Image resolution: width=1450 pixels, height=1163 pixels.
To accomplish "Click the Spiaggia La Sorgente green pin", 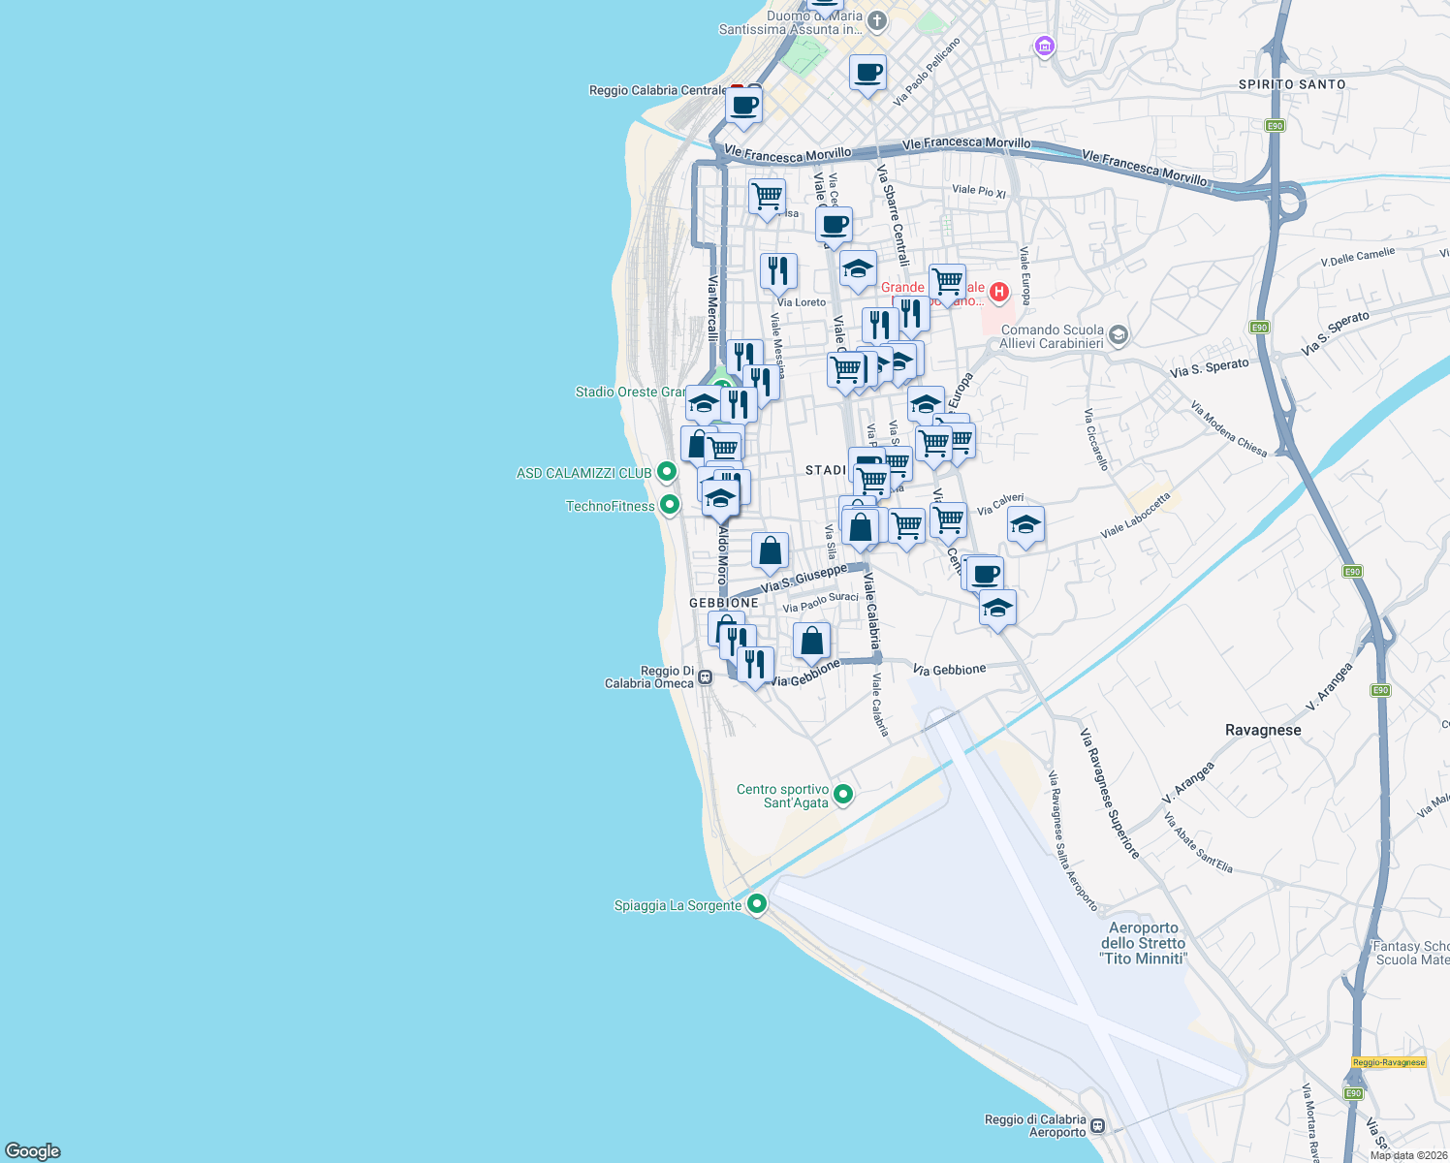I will [757, 904].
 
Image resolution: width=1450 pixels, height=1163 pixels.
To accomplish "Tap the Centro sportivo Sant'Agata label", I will [783, 796].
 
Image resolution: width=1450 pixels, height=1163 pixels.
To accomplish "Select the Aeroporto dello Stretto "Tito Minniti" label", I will [1143, 943].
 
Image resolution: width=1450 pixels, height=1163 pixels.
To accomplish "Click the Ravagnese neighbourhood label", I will [1262, 730].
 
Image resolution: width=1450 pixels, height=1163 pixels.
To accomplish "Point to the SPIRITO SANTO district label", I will [1292, 84].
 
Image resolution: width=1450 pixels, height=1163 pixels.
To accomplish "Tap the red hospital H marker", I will [998, 291].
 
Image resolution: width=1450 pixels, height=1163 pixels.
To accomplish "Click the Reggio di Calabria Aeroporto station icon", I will [1097, 1125].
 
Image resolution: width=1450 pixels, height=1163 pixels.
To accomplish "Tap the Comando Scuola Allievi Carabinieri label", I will [1051, 336].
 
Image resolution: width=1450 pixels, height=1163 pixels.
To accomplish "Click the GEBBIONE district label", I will [724, 603].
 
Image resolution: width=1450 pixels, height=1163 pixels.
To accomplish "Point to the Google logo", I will [33, 1151].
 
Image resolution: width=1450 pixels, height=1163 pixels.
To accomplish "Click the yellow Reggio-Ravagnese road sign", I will [1388, 1062].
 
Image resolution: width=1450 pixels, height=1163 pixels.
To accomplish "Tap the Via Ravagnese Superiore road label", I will [1110, 794].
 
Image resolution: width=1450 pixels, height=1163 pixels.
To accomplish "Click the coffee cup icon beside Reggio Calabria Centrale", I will [743, 106].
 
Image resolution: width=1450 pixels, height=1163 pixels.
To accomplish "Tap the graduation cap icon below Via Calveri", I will [1025, 525].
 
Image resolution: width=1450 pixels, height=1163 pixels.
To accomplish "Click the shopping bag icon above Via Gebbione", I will [811, 641].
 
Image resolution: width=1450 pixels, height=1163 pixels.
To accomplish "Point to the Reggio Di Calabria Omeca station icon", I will [706, 677].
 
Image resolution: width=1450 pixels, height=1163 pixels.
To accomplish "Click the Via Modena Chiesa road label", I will [1228, 428].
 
